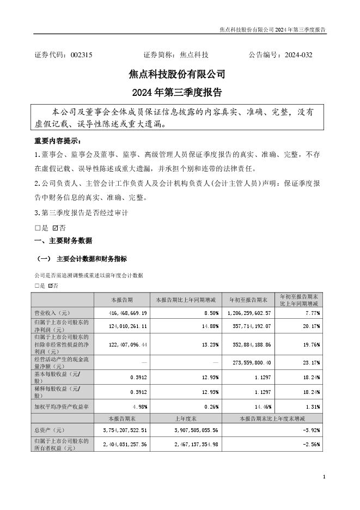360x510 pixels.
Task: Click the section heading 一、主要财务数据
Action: pyautogui.click(x=63, y=240)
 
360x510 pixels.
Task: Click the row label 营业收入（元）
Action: pyautogui.click(x=50, y=313)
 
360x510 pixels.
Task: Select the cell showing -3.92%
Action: pyautogui.click(x=313, y=430)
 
